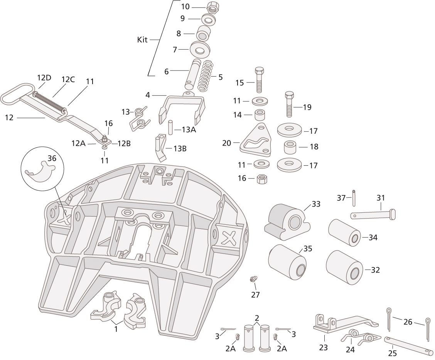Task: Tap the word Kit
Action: click(142, 40)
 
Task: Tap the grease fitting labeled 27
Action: click(254, 279)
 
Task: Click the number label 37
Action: click(341, 198)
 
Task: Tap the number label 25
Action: click(393, 353)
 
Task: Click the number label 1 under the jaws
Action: click(116, 329)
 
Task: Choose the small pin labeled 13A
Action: click(170, 127)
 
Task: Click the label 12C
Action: click(68, 79)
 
